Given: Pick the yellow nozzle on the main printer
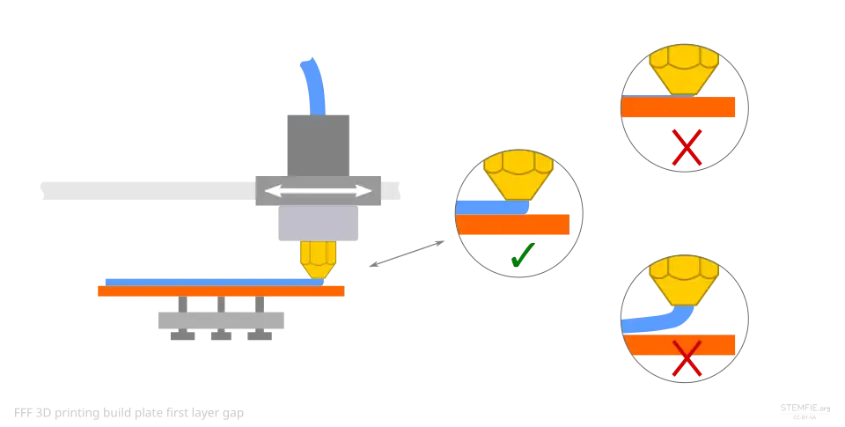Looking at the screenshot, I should click(x=318, y=258).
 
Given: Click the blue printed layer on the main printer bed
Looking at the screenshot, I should click(x=202, y=281).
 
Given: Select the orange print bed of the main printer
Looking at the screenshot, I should click(x=220, y=291).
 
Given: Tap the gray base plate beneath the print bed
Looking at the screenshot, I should click(x=221, y=320).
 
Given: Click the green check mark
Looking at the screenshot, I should click(x=522, y=256).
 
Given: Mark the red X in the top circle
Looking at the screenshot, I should click(x=686, y=149).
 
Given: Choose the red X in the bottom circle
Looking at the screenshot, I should click(x=686, y=360).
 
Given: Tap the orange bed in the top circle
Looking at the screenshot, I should click(x=679, y=107).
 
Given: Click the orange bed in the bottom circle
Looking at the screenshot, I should click(x=682, y=342).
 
